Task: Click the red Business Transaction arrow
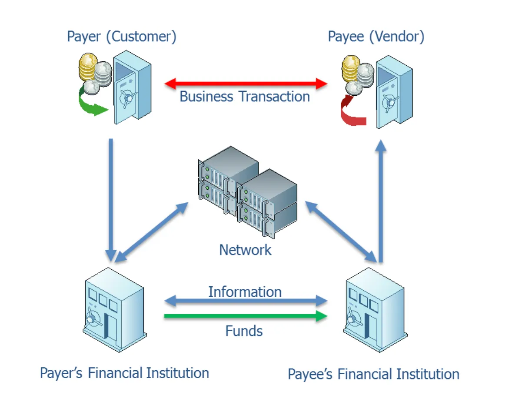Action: tap(246, 83)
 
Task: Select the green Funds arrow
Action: tap(246, 316)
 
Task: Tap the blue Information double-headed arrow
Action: tap(246, 300)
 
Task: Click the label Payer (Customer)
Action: tap(122, 37)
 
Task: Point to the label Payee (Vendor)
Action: tap(376, 37)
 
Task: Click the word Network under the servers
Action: tap(246, 250)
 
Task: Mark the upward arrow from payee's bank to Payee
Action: tap(381, 200)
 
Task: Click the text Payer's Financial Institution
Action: tap(124, 373)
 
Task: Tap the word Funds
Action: tap(244, 331)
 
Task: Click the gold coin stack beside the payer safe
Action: tap(88, 65)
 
